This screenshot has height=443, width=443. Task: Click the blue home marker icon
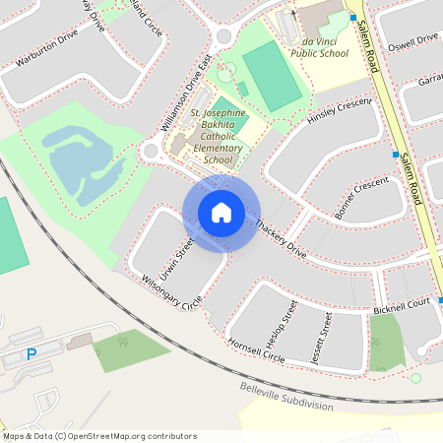click(221, 213)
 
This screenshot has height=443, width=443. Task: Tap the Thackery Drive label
click(282, 239)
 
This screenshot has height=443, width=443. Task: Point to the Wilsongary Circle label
click(169, 292)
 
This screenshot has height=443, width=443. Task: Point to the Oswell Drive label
click(412, 39)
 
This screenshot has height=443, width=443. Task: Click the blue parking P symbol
click(32, 354)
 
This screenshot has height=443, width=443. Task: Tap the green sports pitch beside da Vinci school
click(272, 76)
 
